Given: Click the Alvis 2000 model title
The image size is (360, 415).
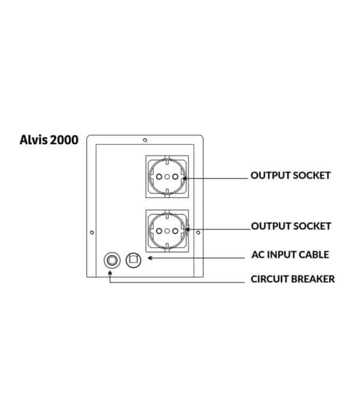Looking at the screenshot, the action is point(49,140).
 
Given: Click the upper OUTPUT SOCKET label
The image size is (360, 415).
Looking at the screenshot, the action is point(290,176).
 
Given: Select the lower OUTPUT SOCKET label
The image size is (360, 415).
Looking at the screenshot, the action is point(291,226).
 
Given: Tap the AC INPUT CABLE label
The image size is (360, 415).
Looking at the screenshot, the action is point(290,255).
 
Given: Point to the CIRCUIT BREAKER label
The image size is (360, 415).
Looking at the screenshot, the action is point(293,279).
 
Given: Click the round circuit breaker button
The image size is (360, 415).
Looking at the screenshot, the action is point(112,260).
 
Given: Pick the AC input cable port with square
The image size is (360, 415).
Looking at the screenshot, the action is point(133,260).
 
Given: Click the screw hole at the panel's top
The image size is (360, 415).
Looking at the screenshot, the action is point(145,140).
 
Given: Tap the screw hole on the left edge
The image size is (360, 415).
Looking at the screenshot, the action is point(92,233).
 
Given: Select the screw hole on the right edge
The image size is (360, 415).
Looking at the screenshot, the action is point(198,233).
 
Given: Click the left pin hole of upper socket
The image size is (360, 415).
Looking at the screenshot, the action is point(159,176).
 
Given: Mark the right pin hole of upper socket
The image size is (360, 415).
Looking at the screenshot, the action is point(175,176).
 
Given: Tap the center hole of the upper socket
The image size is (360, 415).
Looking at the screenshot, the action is point(167,176).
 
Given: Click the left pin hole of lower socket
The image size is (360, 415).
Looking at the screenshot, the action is point(159,231).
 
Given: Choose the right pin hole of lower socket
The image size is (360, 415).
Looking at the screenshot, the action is point(175,231).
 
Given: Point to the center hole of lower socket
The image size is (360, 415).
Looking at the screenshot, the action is point(167,231).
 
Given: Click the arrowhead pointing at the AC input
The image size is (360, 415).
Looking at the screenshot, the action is point(150,258).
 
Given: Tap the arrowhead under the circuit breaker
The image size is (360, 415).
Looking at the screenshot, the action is point(110,273).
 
